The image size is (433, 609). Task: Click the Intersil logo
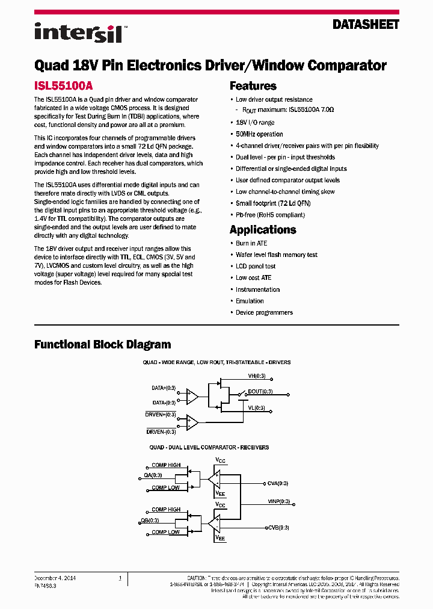pos(78,32)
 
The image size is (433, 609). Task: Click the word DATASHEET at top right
pos(366,25)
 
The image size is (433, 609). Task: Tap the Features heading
pos(253,86)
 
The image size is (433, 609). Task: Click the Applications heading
pos(263,230)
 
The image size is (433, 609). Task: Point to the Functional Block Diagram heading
pos(102,345)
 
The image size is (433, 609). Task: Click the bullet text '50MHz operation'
pos(259,134)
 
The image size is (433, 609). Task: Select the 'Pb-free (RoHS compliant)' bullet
pos(270,215)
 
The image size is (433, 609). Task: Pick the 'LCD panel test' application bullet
pos(256,267)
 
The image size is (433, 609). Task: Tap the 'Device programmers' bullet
pos(264,312)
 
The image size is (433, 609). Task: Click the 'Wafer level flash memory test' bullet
pos(276,255)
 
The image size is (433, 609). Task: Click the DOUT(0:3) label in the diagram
pos(260,392)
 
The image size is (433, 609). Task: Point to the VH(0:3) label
pos(256,377)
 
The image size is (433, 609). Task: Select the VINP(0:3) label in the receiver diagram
pos(278,501)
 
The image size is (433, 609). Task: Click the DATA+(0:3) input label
pos(164,388)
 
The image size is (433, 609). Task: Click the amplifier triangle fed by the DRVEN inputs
pos(192,422)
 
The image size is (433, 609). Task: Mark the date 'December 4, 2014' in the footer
pos(55,578)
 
